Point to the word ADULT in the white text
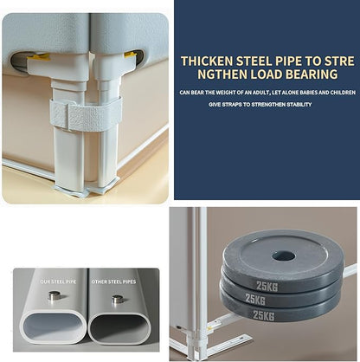(261, 93)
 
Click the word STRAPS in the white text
(231, 105)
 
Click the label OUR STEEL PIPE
(58, 281)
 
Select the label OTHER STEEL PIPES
(113, 281)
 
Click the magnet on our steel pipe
(55, 295)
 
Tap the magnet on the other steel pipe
(118, 299)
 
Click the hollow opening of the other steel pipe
(119, 327)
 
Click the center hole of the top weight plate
(284, 256)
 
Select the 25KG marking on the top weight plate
(267, 287)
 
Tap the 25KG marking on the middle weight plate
(255, 299)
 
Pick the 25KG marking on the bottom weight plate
(263, 314)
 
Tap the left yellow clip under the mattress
(38, 57)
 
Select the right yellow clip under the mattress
(131, 54)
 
